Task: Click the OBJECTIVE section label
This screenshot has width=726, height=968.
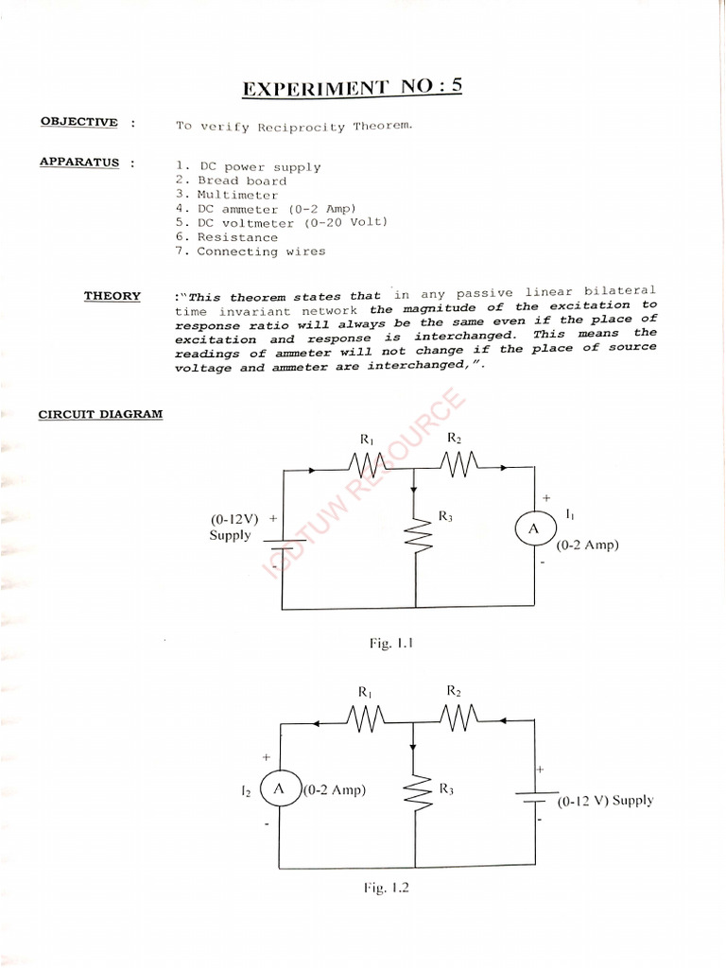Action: tap(79, 122)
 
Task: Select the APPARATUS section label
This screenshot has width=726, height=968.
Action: tap(79, 162)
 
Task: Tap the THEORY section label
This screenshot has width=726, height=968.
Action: tap(112, 296)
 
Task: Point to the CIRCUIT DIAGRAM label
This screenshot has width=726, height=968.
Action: tap(100, 414)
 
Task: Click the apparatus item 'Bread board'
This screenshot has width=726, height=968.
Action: tap(241, 181)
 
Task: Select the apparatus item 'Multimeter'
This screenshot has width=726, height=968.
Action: tap(237, 195)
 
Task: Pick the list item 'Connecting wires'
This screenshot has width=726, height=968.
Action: tap(261, 251)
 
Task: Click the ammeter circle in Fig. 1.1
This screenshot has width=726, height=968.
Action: tap(532, 529)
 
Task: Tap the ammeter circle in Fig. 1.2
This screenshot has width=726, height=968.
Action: tap(279, 788)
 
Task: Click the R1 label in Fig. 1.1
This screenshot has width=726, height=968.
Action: tap(368, 439)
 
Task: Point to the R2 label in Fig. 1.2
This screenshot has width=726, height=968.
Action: tap(454, 691)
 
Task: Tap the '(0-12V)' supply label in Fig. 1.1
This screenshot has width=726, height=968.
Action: tap(233, 519)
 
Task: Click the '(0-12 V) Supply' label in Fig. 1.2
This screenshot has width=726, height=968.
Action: tap(604, 801)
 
